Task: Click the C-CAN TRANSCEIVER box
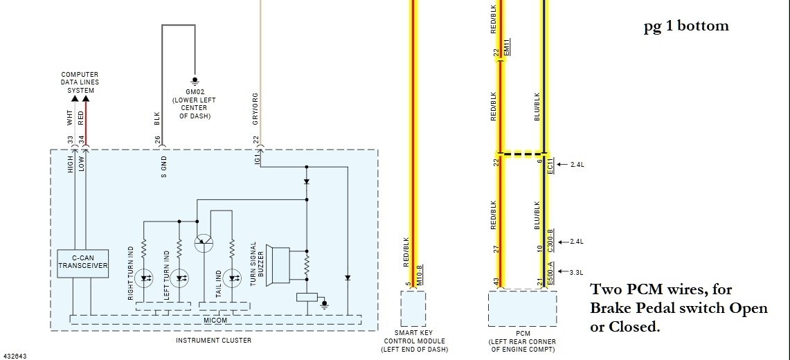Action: pyautogui.click(x=82, y=262)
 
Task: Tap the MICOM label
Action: pyautogui.click(x=215, y=320)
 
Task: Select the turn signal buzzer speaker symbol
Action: pyautogui.click(x=280, y=264)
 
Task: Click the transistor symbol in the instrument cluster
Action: pyautogui.click(x=204, y=243)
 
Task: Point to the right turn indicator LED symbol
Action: pyautogui.click(x=145, y=279)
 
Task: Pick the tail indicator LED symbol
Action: pyautogui.click(x=232, y=278)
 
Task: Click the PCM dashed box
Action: pyautogui.click(x=522, y=308)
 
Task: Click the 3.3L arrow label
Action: pyautogui.click(x=575, y=272)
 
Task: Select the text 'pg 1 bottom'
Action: pyautogui.click(x=685, y=26)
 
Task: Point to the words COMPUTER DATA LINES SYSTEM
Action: pyautogui.click(x=80, y=82)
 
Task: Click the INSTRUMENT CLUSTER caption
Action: pyautogui.click(x=213, y=340)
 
